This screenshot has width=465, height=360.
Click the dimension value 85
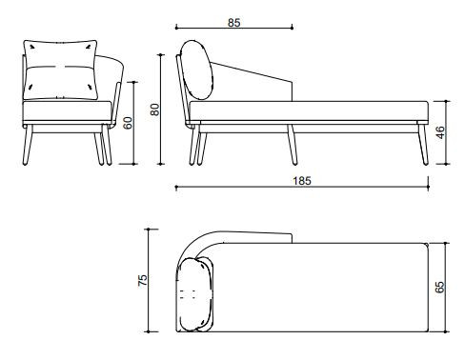(x=234, y=23)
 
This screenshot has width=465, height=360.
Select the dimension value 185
(x=302, y=181)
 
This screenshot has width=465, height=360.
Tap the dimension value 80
(x=154, y=110)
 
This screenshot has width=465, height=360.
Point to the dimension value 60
(x=128, y=123)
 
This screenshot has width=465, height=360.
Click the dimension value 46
(x=440, y=132)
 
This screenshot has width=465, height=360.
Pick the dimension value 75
(x=143, y=280)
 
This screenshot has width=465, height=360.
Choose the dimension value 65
(x=440, y=287)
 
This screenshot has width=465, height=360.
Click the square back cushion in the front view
(x=60, y=70)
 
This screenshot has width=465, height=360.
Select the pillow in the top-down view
(x=195, y=294)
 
